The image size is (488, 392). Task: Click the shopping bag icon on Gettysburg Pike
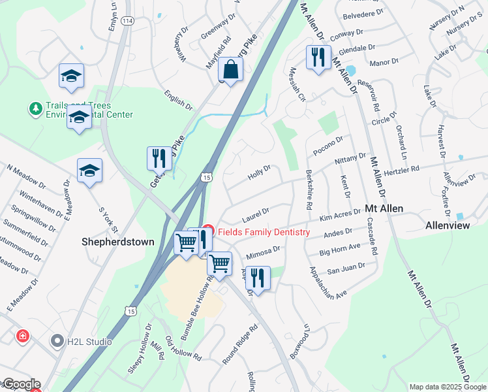click(x=231, y=68)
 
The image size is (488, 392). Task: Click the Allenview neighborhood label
click(x=448, y=225)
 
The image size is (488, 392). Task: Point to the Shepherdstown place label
click(x=118, y=242)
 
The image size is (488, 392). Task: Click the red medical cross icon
click(x=23, y=336)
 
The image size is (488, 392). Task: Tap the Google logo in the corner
click(x=21, y=384)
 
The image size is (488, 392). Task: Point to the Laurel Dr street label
click(x=256, y=214)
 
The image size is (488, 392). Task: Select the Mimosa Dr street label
click(x=263, y=252)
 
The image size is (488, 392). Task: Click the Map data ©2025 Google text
click(x=446, y=387)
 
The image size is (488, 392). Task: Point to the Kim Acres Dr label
click(x=341, y=216)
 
